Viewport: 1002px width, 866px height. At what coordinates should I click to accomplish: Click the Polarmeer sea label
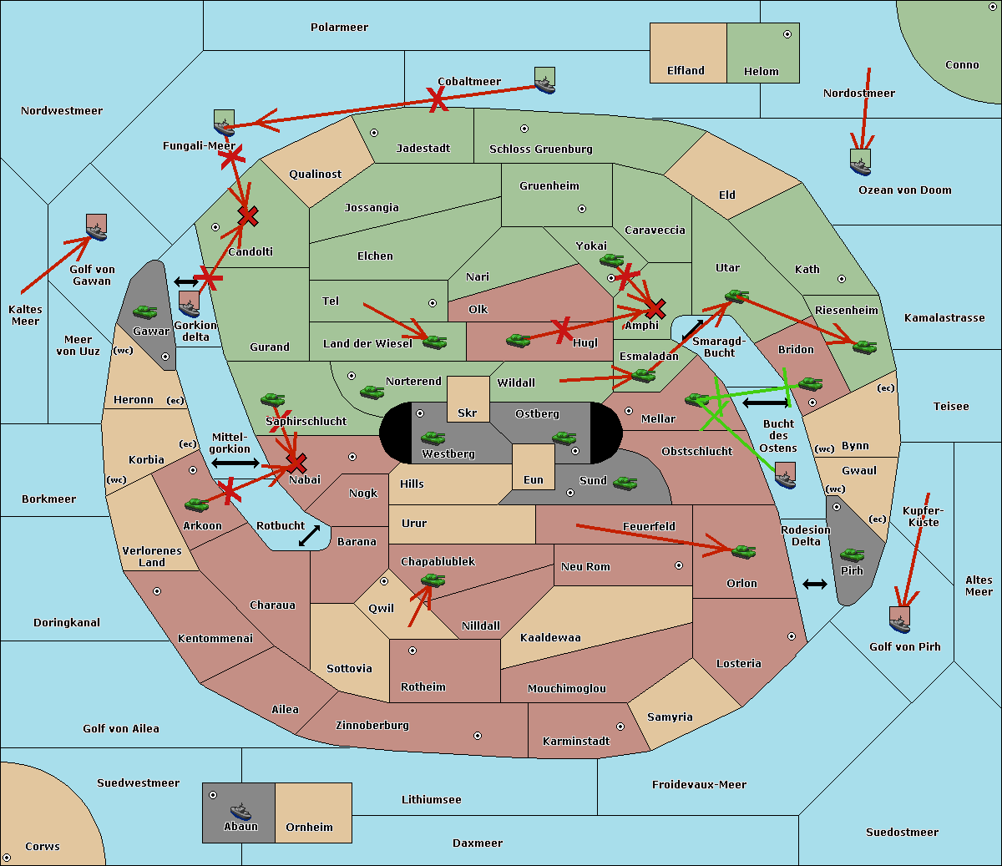339,28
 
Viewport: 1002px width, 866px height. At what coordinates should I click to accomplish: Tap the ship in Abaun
240,811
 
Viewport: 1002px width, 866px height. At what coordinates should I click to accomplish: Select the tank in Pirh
852,555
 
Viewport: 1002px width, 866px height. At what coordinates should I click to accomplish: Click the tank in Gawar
145,311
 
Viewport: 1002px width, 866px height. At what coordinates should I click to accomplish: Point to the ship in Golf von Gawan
97,227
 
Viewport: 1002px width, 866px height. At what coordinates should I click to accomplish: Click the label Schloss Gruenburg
541,149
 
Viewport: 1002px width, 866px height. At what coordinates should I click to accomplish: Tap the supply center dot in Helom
787,34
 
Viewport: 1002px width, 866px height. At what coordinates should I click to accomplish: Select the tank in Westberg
433,438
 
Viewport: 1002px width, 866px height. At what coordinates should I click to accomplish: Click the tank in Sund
625,483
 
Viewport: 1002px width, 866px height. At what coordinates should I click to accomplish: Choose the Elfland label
686,71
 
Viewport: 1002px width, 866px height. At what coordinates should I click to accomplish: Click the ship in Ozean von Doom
860,162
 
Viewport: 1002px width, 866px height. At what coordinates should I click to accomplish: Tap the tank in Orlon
743,552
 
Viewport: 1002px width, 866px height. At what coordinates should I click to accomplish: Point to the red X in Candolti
248,216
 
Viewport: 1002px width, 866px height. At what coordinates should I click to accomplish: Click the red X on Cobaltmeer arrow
437,100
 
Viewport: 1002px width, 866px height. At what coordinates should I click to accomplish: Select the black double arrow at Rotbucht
310,535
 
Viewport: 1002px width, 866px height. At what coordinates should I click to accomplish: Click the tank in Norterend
372,392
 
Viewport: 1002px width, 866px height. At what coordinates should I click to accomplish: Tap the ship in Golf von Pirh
900,620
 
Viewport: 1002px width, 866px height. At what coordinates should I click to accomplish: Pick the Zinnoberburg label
372,726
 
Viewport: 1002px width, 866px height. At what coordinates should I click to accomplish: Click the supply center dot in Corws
8,858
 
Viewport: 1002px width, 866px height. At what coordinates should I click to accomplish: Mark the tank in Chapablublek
433,580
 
